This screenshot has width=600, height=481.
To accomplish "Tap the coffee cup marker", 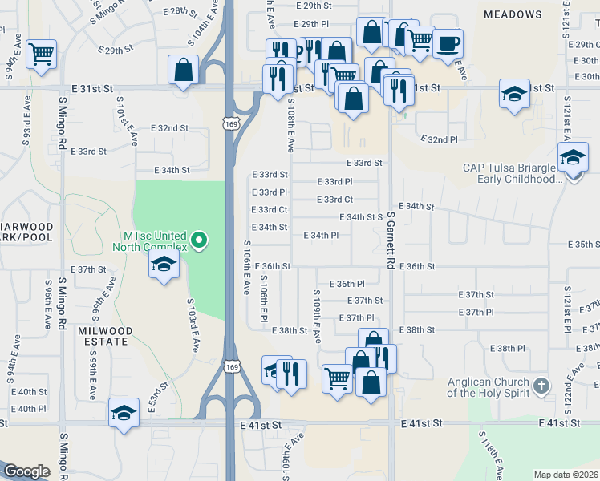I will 448,43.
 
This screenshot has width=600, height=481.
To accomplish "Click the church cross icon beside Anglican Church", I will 541,386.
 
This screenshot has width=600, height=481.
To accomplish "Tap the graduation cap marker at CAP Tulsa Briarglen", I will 573,157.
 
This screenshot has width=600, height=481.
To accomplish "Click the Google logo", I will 26,471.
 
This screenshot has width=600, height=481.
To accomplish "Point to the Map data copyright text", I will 565,475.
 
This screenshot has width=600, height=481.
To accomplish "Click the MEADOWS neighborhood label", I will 513,14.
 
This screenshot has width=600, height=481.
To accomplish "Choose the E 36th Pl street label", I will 347,284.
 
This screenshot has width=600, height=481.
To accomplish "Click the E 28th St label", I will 180,12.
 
